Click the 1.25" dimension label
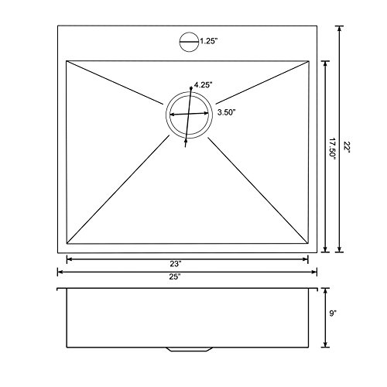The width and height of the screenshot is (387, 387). point(209,41)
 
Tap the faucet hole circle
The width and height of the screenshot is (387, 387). point(180,42)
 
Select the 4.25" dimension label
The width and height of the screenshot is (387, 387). point(204,85)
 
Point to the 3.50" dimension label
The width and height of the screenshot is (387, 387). point(227,112)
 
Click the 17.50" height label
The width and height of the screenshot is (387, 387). point(332,149)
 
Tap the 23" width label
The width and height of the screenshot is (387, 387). point(176,264)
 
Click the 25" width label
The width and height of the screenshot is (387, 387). point(175,277)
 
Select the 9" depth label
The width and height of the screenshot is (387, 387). point(333,313)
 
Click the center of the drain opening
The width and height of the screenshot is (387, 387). point(189,115)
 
